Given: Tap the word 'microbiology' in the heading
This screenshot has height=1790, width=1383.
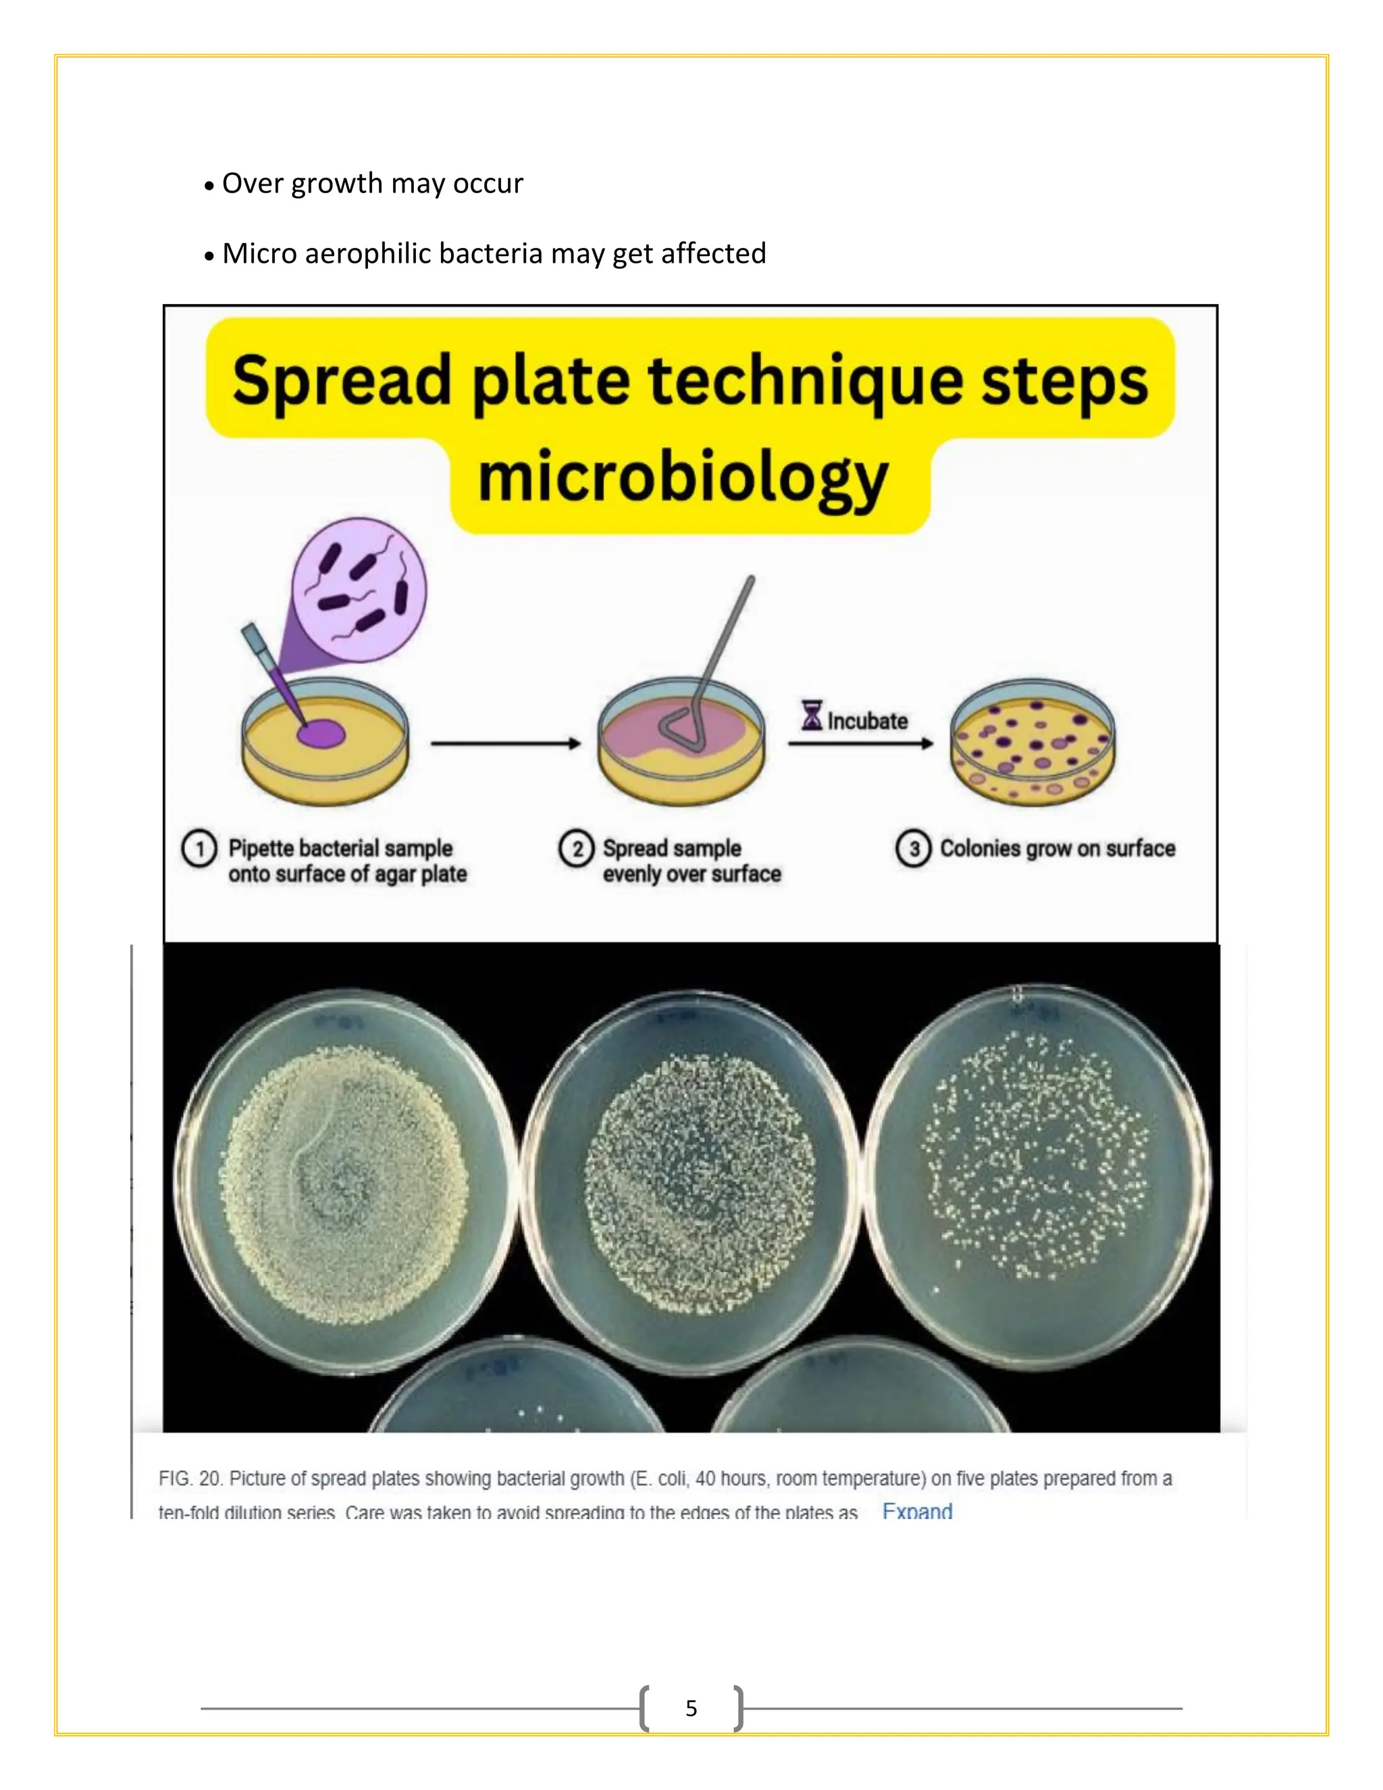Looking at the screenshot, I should (x=683, y=479).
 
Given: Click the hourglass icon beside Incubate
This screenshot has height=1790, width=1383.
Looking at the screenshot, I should (x=811, y=715).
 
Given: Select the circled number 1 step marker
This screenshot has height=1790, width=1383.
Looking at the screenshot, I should (x=199, y=849).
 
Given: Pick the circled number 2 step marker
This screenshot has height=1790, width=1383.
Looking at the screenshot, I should (x=576, y=849).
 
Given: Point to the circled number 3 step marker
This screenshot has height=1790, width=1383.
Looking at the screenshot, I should (x=913, y=849).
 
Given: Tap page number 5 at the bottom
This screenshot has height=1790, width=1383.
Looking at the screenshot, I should (x=691, y=1708).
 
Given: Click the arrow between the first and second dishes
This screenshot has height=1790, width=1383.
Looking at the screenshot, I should (x=504, y=744).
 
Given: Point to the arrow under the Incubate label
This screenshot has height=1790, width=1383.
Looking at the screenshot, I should (x=860, y=744).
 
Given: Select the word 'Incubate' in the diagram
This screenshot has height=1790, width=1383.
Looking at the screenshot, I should (x=868, y=721).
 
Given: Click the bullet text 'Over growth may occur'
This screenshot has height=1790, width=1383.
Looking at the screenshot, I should (x=372, y=184).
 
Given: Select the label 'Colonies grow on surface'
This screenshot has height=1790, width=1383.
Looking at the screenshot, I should (x=1057, y=849).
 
